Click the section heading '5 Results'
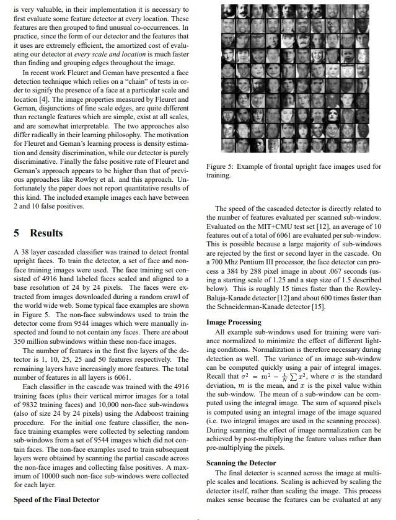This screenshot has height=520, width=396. click(38, 233)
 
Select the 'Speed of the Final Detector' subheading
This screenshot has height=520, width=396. click(56, 500)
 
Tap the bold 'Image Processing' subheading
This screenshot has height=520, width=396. click(234, 323)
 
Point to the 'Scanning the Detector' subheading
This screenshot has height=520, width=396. click(242, 463)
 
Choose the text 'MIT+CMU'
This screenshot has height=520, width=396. click(260, 227)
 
